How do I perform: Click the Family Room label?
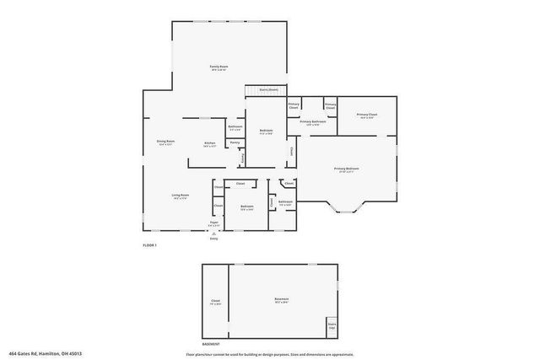[219, 67]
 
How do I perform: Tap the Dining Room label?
[165, 142]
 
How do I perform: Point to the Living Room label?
[181, 197]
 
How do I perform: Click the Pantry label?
[235, 142]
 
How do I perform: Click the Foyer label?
[214, 223]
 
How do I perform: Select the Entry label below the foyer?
[213, 239]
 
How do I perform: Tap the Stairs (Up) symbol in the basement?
[331, 326]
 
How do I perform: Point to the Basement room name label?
[281, 301]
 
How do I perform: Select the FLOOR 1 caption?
[149, 244]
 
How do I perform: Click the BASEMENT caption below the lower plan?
[212, 344]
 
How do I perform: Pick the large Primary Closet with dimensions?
[366, 116]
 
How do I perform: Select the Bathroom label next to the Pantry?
[235, 128]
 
